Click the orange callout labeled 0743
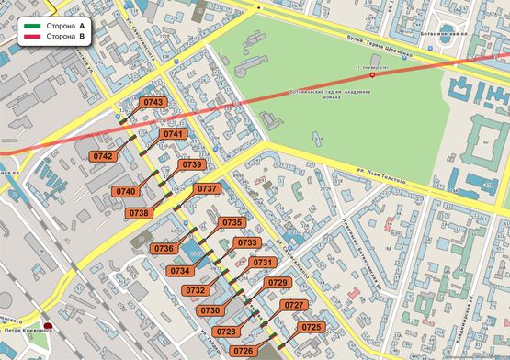coord(154,102)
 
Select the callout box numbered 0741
coord(173,134)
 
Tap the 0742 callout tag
coord(103,156)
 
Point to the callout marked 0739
coord(191,164)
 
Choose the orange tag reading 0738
coord(139,212)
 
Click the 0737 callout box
coord(208,188)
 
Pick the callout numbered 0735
coord(232,222)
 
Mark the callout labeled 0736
coord(164,248)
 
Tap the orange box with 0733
coord(246,242)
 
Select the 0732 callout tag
coord(195,289)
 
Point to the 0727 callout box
coord(294,305)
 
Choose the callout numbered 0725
coord(312,327)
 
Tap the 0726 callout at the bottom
coord(244,351)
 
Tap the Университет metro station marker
coord(371,75)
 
